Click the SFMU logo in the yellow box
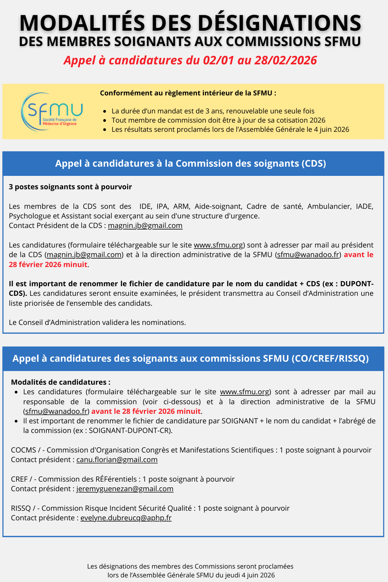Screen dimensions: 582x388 pyautogui.click(x=52, y=111)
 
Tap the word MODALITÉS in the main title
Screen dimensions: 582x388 pyautogui.click(x=82, y=23)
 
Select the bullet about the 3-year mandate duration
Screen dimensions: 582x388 pyautogui.click(x=213, y=111)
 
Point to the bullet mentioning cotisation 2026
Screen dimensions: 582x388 pyautogui.click(x=218, y=120)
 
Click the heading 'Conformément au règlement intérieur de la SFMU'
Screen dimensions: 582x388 pyautogui.click(x=188, y=93)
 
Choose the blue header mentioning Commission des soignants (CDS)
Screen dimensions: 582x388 pyautogui.click(x=191, y=164)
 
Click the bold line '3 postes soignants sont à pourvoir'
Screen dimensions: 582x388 pyautogui.click(x=70, y=187)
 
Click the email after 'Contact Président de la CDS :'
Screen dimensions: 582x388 pyautogui.click(x=145, y=226)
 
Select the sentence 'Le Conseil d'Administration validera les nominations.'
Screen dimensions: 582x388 pyautogui.click(x=97, y=323)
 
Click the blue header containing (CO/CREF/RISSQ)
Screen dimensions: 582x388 pyautogui.click(x=191, y=359)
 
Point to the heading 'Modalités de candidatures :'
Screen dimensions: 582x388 pyautogui.click(x=60, y=382)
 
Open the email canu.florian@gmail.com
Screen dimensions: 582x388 pyautogui.click(x=117, y=460)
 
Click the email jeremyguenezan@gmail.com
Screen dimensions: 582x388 pyautogui.click(x=125, y=489)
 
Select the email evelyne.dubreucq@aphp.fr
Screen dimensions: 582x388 pyautogui.click(x=126, y=518)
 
